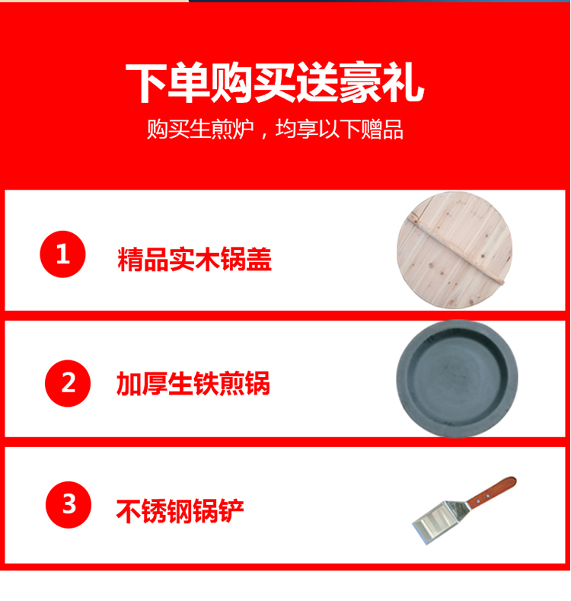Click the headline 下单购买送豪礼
point(275,83)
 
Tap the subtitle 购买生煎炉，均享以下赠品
point(275,129)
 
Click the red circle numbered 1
point(63,254)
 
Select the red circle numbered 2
point(68,383)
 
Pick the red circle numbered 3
point(69,504)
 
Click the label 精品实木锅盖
point(194,260)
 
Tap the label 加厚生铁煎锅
point(193,383)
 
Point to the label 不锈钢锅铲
point(180,511)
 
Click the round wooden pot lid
point(455,250)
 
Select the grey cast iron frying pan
point(457,379)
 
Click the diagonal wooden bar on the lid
point(455,249)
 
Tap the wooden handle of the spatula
point(493,492)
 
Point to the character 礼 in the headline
point(404,83)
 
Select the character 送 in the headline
point(317,83)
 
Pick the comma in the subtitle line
point(264,135)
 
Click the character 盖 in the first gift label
point(259,260)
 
